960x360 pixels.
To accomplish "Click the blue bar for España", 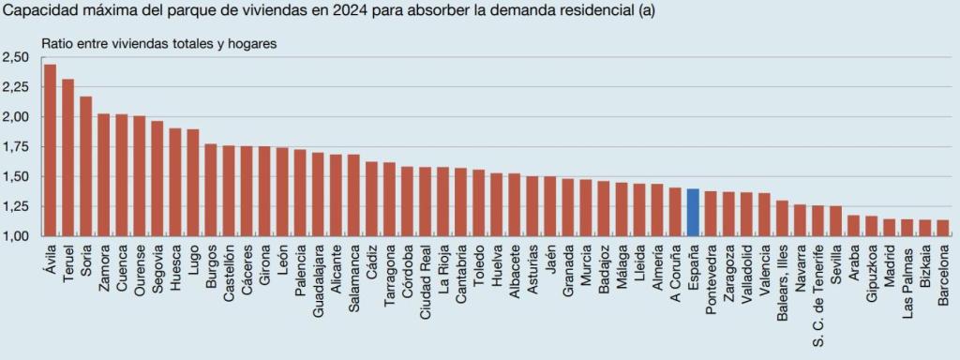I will (x=693, y=213).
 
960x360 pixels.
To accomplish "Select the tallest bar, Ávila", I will (x=50, y=150).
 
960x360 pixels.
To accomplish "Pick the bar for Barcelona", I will (x=943, y=228).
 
